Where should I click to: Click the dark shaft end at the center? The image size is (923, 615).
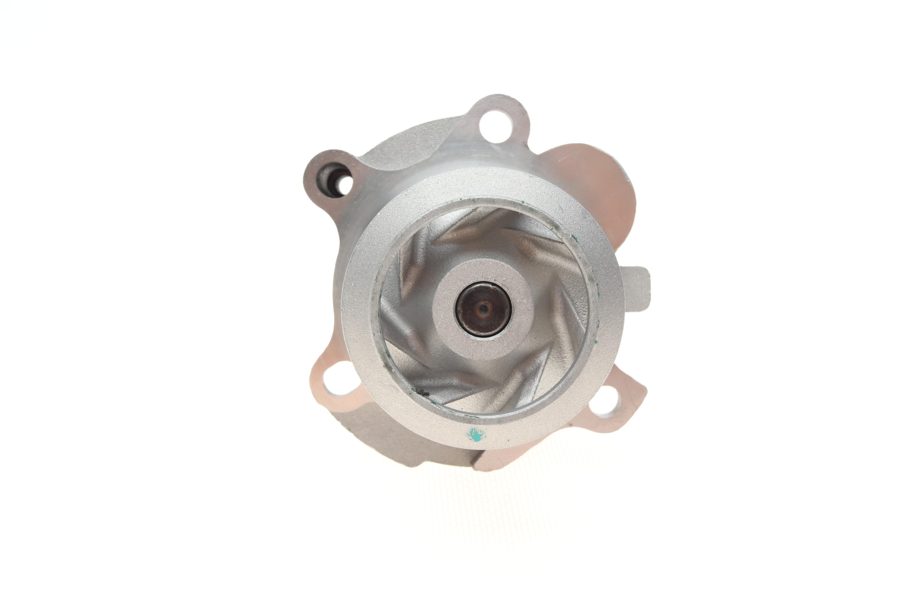tap(483, 309)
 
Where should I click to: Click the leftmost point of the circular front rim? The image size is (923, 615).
tap(342, 310)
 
